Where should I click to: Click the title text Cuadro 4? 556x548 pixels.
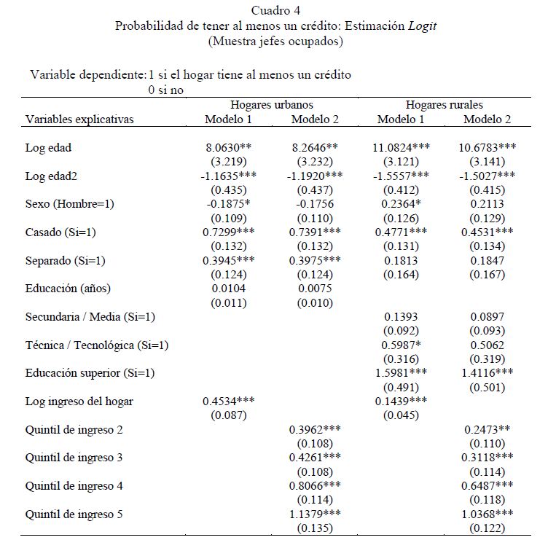coord(275,10)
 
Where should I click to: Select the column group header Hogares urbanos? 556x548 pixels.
coord(272,105)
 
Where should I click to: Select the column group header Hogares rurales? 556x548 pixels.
coord(445,105)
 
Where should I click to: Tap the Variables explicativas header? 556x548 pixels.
coord(79,120)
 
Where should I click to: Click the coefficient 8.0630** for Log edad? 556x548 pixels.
coord(228,147)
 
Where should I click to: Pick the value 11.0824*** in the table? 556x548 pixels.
coord(401,147)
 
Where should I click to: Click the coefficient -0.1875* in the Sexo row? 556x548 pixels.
coord(226,204)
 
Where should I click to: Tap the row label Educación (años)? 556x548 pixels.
coord(68,289)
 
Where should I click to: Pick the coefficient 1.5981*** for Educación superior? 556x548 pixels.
coord(401,373)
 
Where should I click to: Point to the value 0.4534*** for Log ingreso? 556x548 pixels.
coord(228,402)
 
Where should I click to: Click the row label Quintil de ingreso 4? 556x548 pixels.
coord(74,486)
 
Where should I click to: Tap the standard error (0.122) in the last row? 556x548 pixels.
coord(488,528)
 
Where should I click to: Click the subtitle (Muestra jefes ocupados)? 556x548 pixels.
coord(275,41)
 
